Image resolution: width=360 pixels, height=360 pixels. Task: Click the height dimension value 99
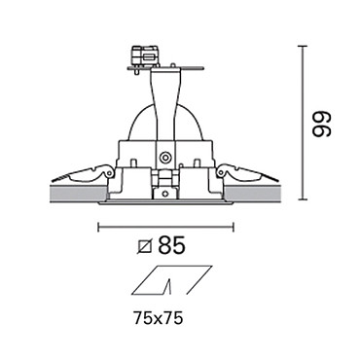pos(321,125)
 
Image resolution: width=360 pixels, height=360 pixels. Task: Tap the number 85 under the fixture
pos(171,245)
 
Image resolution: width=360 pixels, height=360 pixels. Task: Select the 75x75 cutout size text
pos(159,319)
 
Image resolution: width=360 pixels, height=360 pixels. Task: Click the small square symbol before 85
pos(145,246)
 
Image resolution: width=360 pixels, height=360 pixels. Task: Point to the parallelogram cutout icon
pos(172,280)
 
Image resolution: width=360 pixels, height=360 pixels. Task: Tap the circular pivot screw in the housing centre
pos(165,159)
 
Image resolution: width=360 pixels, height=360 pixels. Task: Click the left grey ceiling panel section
pos(79,194)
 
